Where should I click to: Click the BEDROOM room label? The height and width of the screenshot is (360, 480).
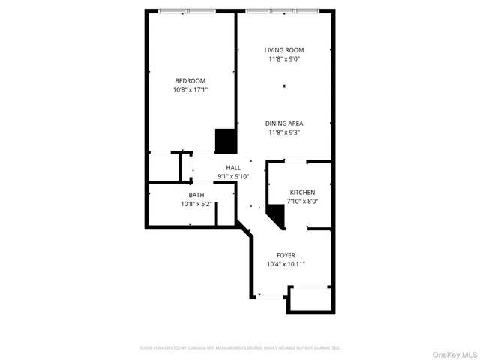[x=190, y=80]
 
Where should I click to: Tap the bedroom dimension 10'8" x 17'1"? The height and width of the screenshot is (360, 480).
[x=190, y=89]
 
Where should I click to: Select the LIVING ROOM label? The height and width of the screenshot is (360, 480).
[x=284, y=50]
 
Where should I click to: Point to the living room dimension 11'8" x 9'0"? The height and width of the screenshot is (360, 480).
[x=284, y=59]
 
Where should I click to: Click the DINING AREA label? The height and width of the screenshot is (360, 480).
[x=284, y=123]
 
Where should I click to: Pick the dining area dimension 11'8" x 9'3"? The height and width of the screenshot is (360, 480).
[x=284, y=132]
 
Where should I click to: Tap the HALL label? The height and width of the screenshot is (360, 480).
[x=233, y=168]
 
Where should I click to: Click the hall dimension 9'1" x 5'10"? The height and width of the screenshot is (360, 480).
[x=233, y=177]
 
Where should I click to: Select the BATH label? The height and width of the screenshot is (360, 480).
[x=196, y=195]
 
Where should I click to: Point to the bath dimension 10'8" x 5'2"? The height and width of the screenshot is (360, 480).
[x=196, y=204]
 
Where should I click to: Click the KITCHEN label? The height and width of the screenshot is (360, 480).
[x=302, y=192]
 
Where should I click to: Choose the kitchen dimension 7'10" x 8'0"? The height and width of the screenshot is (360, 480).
[x=302, y=201]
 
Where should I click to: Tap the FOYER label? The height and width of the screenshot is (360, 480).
[x=286, y=255]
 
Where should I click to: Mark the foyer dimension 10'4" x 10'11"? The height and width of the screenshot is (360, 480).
[x=286, y=264]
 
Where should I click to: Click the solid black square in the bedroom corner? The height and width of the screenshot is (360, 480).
[x=226, y=140]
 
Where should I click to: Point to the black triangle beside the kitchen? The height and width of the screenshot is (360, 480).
[x=277, y=217]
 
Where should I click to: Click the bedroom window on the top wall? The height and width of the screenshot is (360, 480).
[x=185, y=10]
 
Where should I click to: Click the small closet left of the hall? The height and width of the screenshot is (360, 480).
[x=163, y=166]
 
